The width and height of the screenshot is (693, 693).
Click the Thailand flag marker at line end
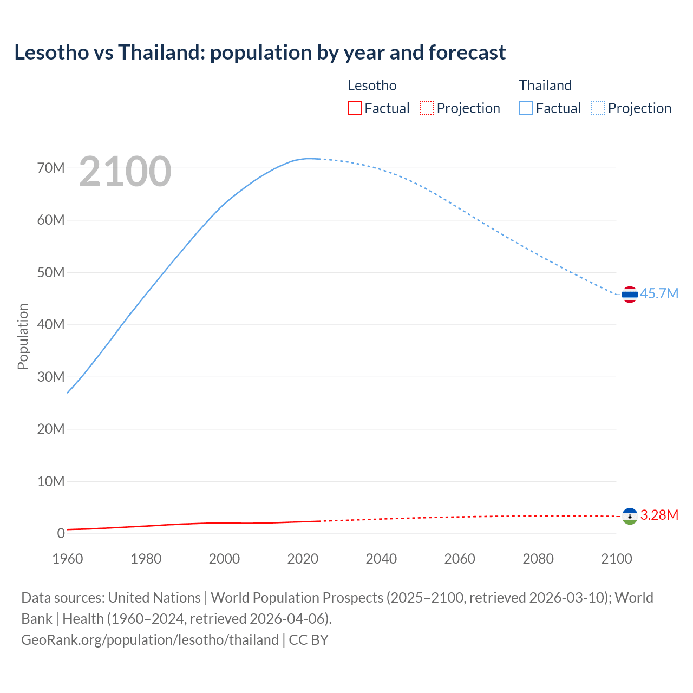[629, 295]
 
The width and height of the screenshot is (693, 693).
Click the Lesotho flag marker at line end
[629, 516]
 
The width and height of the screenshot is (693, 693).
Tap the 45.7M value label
[659, 294]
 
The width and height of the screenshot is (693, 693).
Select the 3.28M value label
[659, 515]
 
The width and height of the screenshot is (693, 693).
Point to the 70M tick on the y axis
[51, 168]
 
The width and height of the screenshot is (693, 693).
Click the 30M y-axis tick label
[51, 377]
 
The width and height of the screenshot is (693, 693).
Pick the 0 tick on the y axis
[61, 533]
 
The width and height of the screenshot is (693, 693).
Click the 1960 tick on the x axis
[68, 559]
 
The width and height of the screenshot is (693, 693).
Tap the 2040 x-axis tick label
[381, 559]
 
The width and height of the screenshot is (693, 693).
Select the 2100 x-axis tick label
[616, 559]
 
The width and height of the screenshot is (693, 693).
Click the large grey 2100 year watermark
[125, 172]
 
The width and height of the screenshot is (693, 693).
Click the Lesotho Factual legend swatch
[354, 108]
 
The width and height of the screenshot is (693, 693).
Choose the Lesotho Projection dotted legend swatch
[427, 108]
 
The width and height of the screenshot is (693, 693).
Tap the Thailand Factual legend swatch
[526, 108]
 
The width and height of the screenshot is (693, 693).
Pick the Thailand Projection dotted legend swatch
[598, 108]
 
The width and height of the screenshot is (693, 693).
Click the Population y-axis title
[23, 336]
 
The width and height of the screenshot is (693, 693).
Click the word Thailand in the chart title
[161, 53]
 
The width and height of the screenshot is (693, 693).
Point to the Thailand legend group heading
[545, 86]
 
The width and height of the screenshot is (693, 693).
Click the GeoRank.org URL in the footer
[150, 639]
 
